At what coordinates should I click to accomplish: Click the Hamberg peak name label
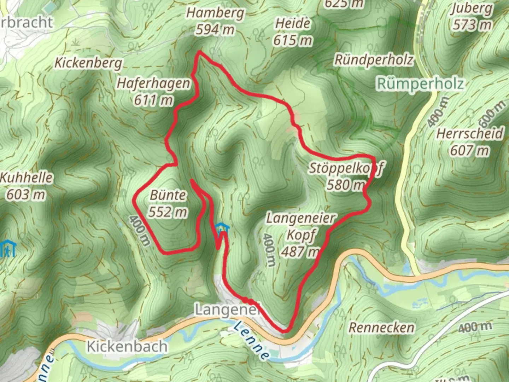pos(215,13)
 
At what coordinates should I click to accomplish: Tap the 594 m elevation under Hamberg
pos(215,30)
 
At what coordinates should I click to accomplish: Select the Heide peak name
pos(293,24)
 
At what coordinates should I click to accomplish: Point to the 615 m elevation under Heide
pos(293,40)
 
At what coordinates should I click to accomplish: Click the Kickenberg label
pos(88,63)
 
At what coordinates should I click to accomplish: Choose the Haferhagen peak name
pos(153,83)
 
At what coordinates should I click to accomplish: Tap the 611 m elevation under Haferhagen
pos(153,100)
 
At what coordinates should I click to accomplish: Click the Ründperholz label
pos(374,60)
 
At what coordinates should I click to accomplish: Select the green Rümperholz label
pos(420,84)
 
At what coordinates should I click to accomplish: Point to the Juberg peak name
pos(472,8)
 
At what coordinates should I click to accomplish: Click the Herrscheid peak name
pos(470,134)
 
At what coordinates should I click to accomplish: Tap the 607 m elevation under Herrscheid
pos(470,151)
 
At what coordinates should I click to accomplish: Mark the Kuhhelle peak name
pos(26,178)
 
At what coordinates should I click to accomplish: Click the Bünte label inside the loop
pos(168,195)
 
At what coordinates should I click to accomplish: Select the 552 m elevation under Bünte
pos(168,212)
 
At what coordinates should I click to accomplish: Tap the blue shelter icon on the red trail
pos(222,228)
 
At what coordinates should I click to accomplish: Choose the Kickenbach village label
pos(127,346)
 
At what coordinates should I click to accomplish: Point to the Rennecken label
pos(381,328)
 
